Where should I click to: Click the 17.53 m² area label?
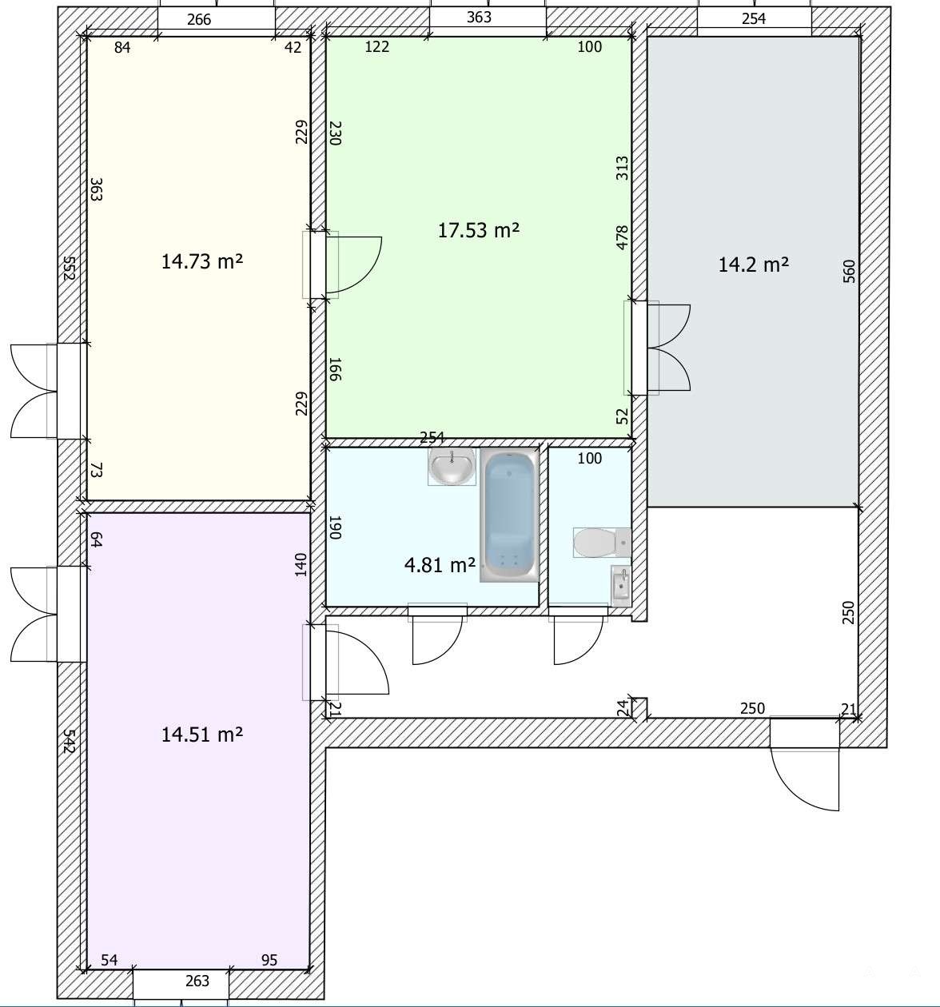478,231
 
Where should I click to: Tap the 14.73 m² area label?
202,262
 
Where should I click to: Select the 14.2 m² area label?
753,265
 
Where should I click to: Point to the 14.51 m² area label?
202,734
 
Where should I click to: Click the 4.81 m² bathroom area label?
440,565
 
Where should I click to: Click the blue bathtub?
509,515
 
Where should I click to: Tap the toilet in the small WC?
602,543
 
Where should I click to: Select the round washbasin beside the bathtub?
452,466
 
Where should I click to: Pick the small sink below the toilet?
621,586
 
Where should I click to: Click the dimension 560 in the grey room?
848,271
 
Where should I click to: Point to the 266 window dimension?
199,20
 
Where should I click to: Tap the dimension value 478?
622,237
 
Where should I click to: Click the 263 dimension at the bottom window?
197,981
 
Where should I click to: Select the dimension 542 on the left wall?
69,741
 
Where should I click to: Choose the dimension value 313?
622,169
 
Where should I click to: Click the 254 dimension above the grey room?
753,18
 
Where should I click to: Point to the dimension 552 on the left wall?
69,269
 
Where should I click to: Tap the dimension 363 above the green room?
479,18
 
